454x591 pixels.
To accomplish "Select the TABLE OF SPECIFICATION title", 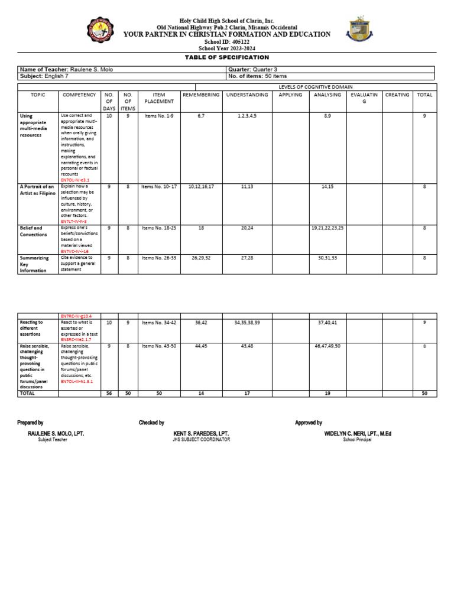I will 226,57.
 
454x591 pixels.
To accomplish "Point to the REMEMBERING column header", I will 201,95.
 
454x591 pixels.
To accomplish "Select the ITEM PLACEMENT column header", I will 158,98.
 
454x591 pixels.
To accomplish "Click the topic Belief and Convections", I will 31,231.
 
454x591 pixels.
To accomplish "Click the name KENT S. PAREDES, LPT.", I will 201,433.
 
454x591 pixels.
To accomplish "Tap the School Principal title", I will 358,440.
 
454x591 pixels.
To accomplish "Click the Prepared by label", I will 30,423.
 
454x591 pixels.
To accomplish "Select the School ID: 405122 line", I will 226,42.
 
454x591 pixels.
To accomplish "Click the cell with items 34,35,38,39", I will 247,323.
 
